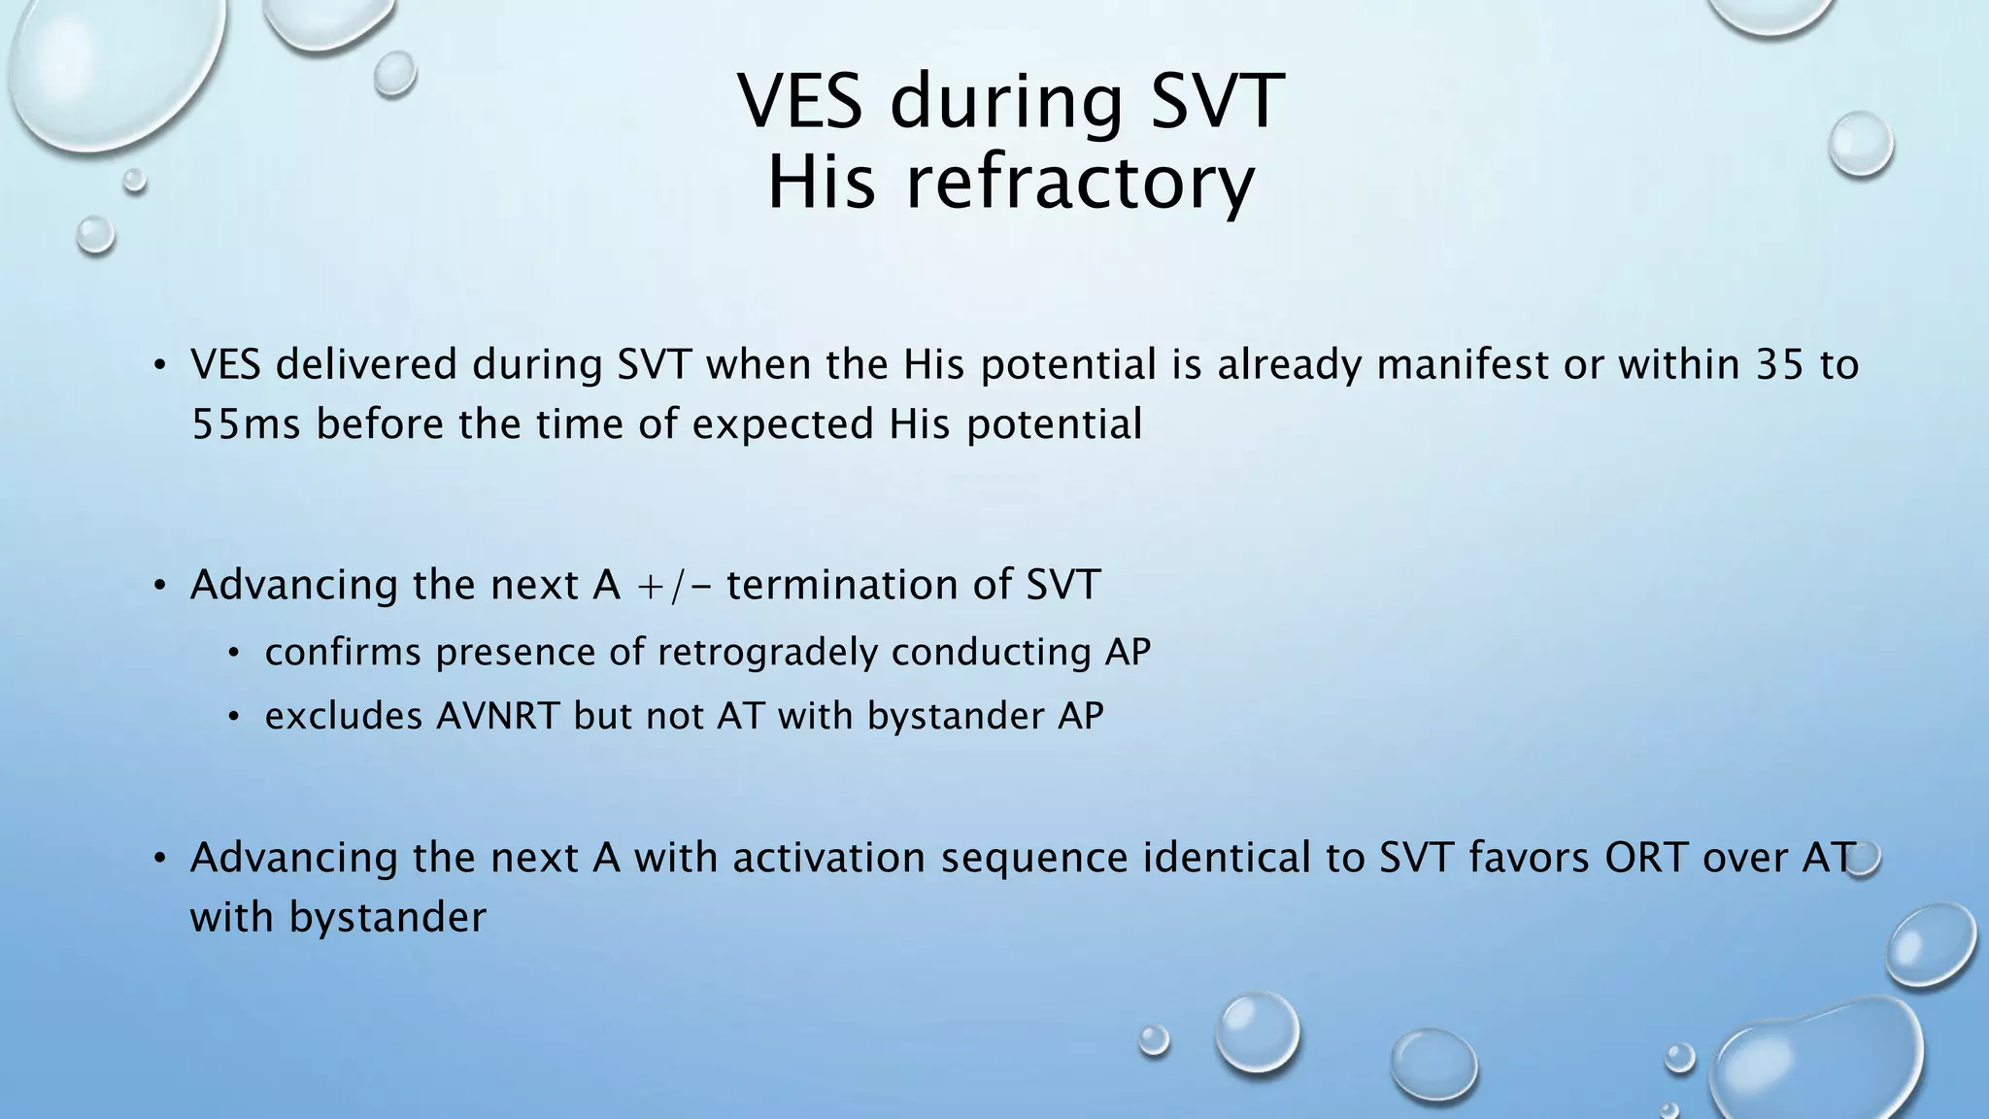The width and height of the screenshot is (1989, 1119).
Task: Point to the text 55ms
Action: (x=246, y=424)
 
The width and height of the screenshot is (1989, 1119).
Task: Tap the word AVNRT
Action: (x=498, y=716)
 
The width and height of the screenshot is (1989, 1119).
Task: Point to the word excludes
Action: (x=344, y=716)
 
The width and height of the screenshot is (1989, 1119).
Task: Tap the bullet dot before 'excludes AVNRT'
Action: (x=233, y=718)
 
